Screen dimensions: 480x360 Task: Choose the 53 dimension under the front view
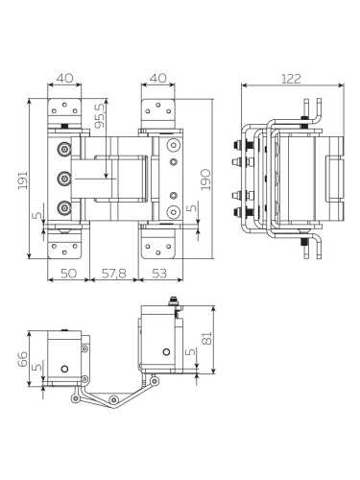(160, 275)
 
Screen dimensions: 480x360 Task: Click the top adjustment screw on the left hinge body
(63, 149)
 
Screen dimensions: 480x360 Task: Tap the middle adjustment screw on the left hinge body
(63, 177)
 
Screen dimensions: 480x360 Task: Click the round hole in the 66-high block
(65, 369)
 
